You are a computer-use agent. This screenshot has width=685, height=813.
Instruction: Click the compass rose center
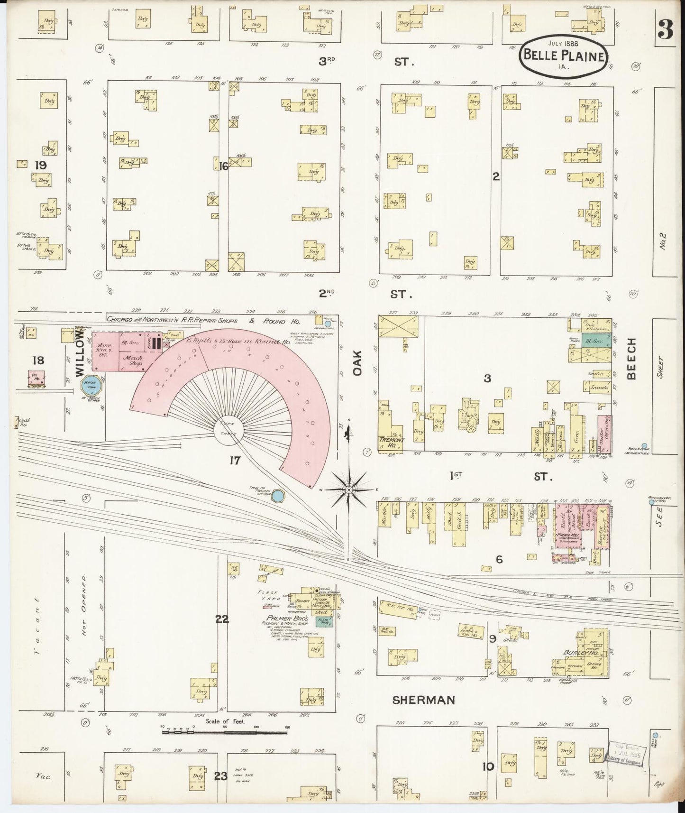coord(349,489)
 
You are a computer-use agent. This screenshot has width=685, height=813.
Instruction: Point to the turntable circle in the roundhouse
coord(231,429)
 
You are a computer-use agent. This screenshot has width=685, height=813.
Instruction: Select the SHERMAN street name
coord(423,700)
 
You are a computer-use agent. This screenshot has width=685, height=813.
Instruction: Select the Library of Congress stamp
coord(624,754)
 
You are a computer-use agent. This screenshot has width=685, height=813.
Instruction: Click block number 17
coord(235,460)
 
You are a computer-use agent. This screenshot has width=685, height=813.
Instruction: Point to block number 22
coord(222,619)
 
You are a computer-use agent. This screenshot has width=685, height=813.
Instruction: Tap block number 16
coord(224,166)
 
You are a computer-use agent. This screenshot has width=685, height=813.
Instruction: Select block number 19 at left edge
coord(40,166)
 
